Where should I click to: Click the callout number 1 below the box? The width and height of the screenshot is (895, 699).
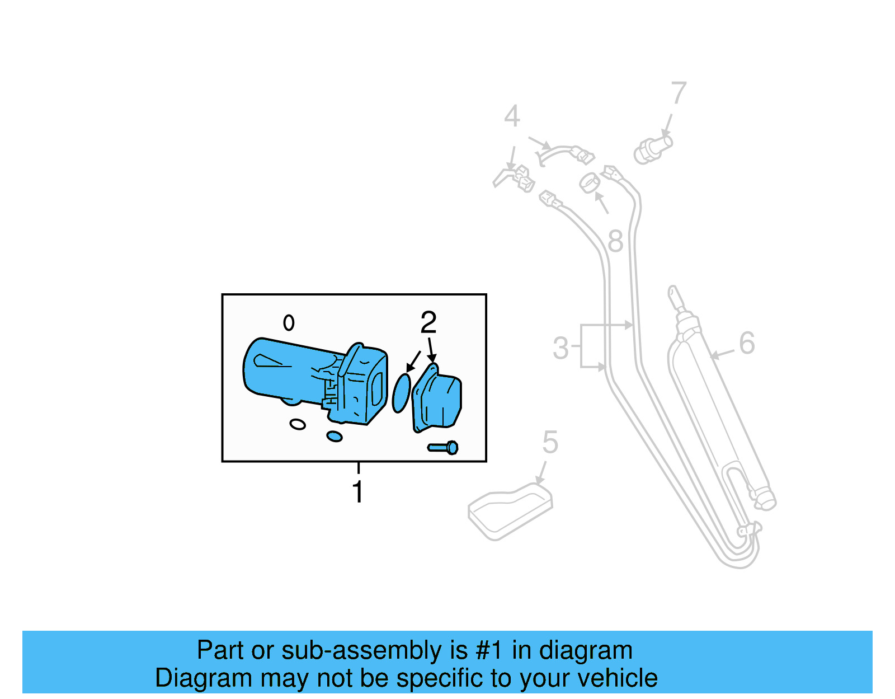point(357,492)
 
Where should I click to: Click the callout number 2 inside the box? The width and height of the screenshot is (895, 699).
point(428,323)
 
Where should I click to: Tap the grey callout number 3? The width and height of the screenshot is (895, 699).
point(560,348)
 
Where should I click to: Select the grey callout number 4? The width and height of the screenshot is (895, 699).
point(511,116)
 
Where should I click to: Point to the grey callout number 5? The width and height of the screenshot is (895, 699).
point(550,443)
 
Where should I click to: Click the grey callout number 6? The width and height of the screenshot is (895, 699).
point(747,343)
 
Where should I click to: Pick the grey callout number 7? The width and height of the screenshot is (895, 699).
point(678,93)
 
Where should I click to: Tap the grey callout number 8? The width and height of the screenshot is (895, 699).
point(615,242)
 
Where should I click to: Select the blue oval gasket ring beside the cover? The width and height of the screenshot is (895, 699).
point(401,393)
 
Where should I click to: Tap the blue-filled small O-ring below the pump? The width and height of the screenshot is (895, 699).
point(334,436)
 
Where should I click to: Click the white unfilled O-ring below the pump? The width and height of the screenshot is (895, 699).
point(298,424)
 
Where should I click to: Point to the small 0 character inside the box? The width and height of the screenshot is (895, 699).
point(289,322)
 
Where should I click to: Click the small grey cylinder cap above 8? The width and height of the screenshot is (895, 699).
point(589,182)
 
